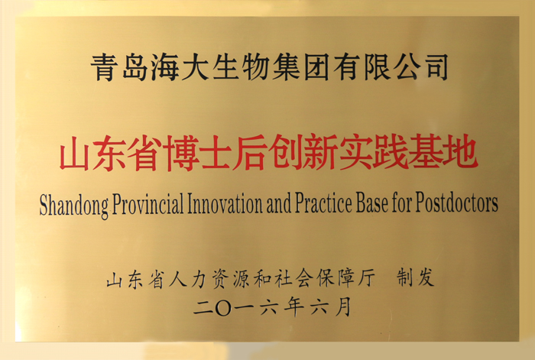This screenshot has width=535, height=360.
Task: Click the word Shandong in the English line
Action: [74, 205]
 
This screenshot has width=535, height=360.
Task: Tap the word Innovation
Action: [225, 204]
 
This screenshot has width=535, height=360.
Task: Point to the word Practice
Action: [323, 204]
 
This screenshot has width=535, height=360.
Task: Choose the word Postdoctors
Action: [456, 204]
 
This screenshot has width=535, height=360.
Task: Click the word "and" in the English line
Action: [279, 204]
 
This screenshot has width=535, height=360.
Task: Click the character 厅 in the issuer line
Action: [365, 277]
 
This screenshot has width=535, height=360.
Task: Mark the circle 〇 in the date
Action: [223, 307]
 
